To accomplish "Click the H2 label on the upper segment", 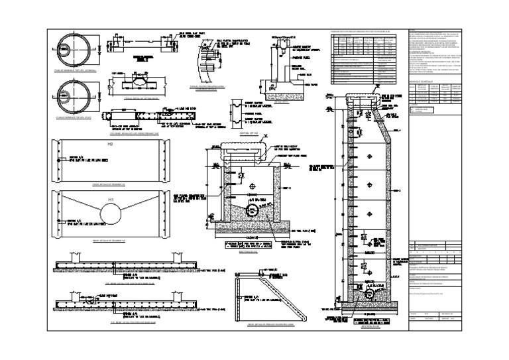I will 111,144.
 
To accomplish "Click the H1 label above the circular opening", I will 112,200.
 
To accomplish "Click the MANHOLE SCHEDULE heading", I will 424,81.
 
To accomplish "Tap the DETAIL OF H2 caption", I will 243,133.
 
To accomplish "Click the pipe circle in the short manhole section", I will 253,210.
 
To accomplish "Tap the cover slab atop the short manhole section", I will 240,156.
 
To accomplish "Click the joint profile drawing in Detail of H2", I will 237,112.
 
